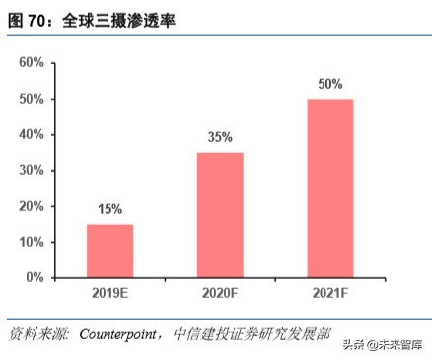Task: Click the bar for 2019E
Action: pyautogui.click(x=109, y=251)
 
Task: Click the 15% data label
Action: pyautogui.click(x=109, y=209)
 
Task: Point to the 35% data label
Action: pyautogui.click(x=219, y=137)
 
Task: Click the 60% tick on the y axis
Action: pyautogui.click(x=31, y=63)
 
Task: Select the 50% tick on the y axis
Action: pyautogui.click(x=31, y=99)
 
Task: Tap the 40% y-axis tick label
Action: pyautogui.click(x=31, y=134)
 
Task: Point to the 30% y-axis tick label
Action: pyautogui.click(x=31, y=171)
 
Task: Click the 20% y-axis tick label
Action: pyautogui.click(x=31, y=206)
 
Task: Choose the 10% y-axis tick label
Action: pyautogui.click(x=31, y=242)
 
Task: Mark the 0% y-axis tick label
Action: pyautogui.click(x=35, y=277)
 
